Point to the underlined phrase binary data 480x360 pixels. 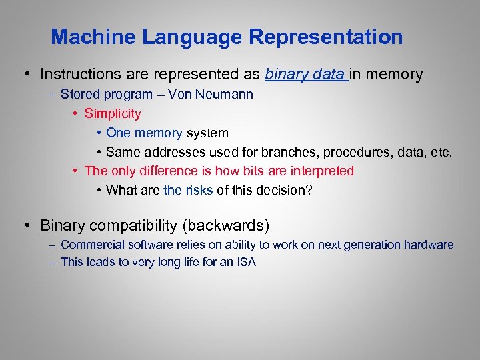click(x=304, y=74)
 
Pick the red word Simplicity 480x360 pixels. click(x=113, y=113)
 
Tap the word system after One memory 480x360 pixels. click(x=207, y=133)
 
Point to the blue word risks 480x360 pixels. click(x=199, y=190)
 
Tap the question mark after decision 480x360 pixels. click(x=308, y=190)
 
